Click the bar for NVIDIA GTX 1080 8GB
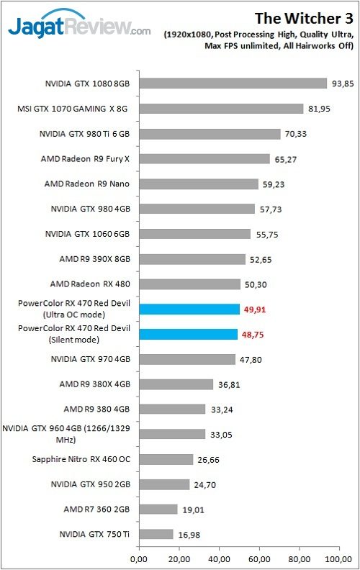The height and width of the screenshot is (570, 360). [232, 83]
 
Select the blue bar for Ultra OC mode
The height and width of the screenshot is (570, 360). [189, 309]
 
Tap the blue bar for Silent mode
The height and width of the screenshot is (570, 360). [187, 334]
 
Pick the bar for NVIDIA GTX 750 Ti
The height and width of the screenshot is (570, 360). [155, 534]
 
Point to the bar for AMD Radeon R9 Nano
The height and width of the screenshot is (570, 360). [197, 184]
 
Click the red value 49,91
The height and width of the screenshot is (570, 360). [256, 309]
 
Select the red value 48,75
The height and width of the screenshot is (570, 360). [254, 334]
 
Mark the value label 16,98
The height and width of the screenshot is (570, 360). [190, 534]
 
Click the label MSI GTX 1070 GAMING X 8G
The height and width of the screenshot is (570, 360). [76, 109]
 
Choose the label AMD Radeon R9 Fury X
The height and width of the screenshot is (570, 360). [91, 159]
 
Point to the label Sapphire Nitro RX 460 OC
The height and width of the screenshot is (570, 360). [81, 459]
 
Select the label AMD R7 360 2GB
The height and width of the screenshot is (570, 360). [96, 509]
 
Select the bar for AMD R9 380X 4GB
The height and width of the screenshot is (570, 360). [175, 384]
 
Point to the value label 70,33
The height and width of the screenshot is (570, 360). [297, 134]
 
